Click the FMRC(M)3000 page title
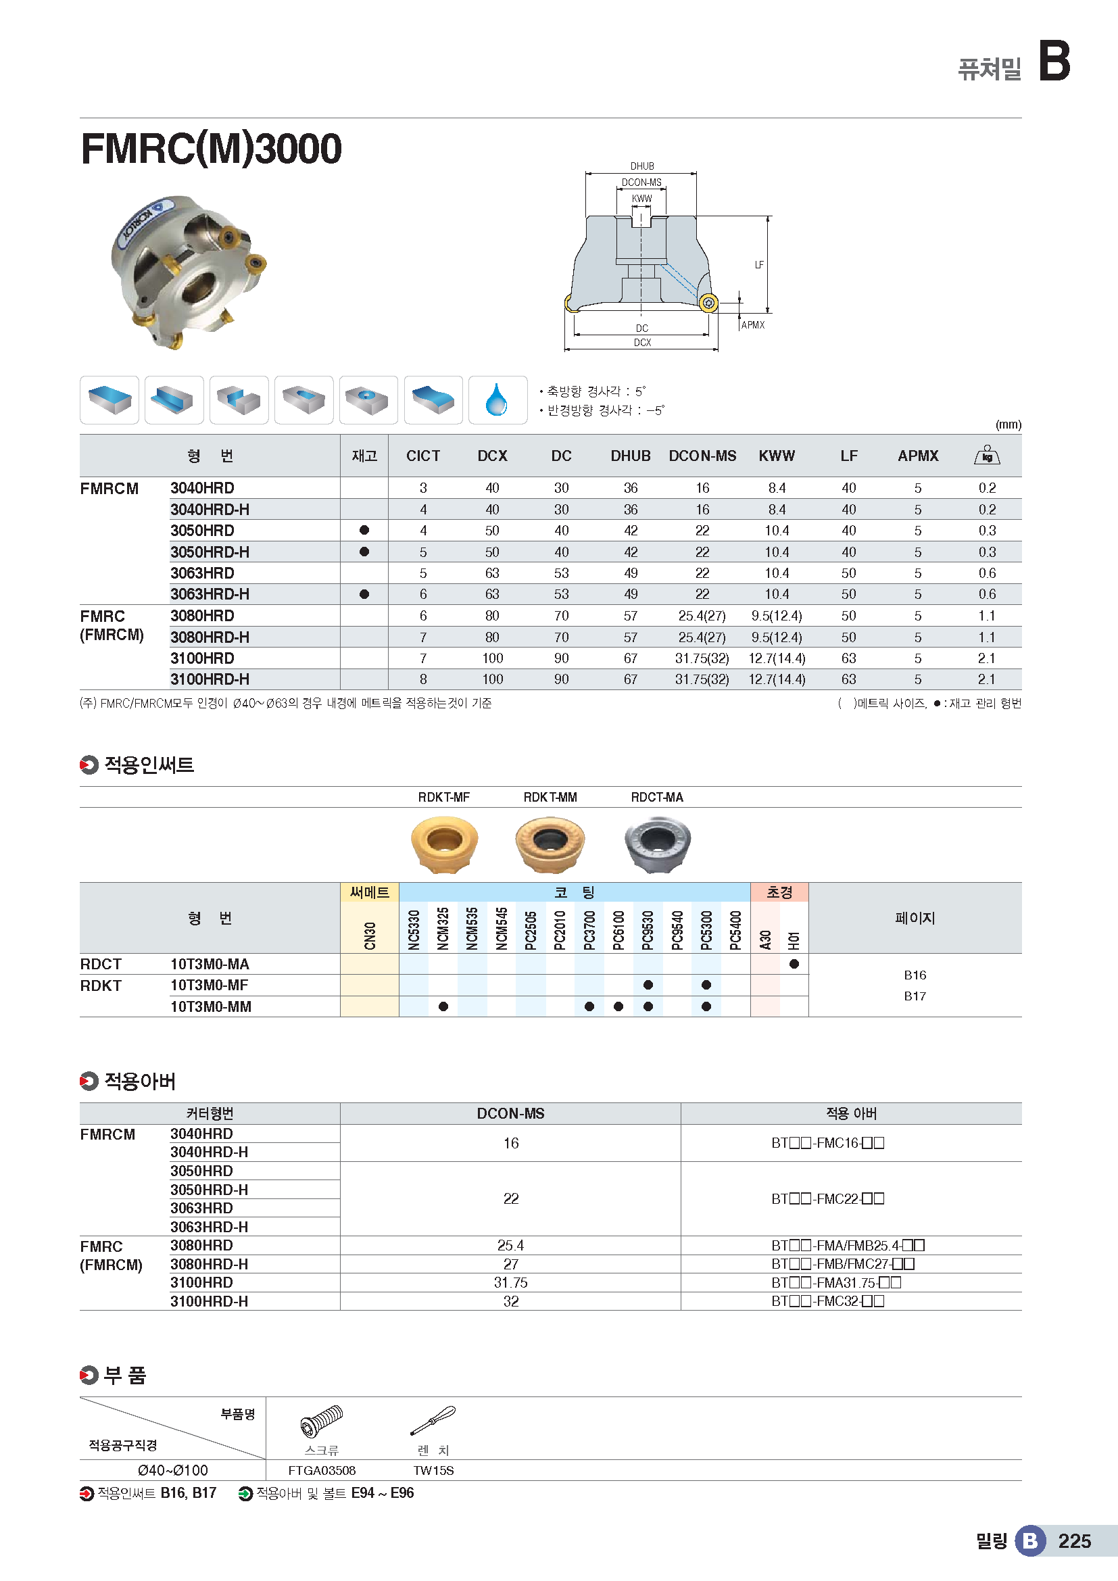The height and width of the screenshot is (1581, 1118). (x=211, y=149)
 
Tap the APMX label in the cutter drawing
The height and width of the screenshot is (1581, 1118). (x=752, y=325)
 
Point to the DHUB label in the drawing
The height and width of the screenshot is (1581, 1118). (x=641, y=166)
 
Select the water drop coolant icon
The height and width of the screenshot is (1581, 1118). (x=497, y=400)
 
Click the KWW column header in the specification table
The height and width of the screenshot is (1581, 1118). (x=777, y=456)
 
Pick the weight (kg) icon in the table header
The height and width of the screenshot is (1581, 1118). (x=986, y=455)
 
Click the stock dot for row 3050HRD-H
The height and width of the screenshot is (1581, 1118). (x=364, y=552)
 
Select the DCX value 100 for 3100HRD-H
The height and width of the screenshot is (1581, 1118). (x=492, y=679)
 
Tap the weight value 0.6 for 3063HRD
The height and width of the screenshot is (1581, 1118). (x=986, y=573)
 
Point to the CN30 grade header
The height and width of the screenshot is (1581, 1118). (x=370, y=935)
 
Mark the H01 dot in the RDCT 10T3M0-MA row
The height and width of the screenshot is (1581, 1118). (x=794, y=964)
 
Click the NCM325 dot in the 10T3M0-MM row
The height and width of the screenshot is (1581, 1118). (x=443, y=1006)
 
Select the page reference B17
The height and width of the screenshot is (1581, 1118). (x=915, y=996)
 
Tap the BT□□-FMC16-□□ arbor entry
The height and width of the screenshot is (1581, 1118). (x=827, y=1143)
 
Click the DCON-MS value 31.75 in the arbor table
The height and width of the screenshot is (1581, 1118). (x=510, y=1283)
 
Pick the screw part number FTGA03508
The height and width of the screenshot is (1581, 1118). (x=322, y=1471)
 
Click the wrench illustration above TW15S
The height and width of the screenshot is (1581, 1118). (x=433, y=1421)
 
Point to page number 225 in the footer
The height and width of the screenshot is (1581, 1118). (x=1074, y=1541)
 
